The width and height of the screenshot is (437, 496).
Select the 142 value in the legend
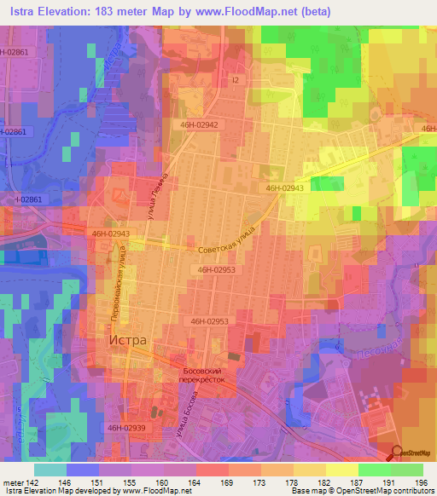tap(32, 483)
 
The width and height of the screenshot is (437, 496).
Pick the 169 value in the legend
tap(227, 483)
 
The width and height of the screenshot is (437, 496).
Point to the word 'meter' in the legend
tap(12, 483)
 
